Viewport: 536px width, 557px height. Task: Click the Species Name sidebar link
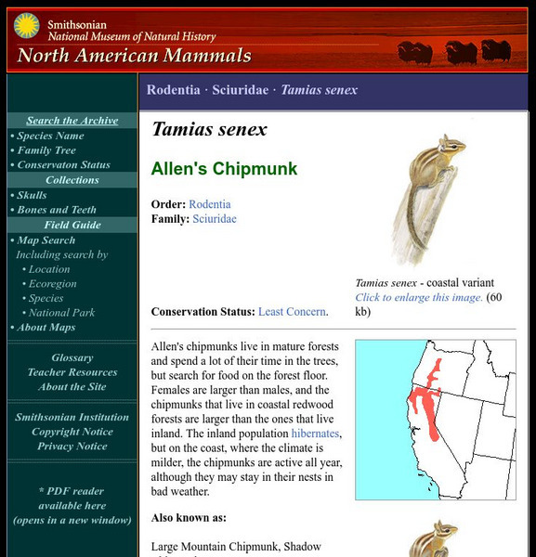pyautogui.click(x=50, y=136)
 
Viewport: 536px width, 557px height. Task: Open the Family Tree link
pyautogui.click(x=46, y=150)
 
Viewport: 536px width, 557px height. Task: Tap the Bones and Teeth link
pyautogui.click(x=56, y=210)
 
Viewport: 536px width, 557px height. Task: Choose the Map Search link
pyautogui.click(x=46, y=240)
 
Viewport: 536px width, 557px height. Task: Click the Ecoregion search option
pyautogui.click(x=52, y=283)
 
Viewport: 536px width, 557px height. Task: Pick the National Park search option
pyautogui.click(x=61, y=313)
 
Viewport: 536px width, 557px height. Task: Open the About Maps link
pyautogui.click(x=46, y=327)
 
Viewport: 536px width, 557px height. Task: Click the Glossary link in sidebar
pyautogui.click(x=72, y=357)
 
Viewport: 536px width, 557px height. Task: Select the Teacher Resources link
pyautogui.click(x=72, y=372)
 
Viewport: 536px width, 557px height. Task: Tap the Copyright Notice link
pyautogui.click(x=72, y=432)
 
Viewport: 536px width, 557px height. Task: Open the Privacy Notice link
pyautogui.click(x=72, y=447)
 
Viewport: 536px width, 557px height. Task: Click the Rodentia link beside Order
pyautogui.click(x=210, y=204)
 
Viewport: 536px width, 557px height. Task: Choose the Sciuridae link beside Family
pyautogui.click(x=215, y=219)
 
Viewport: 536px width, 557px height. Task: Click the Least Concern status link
pyautogui.click(x=292, y=312)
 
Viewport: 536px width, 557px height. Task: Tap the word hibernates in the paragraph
pyautogui.click(x=315, y=434)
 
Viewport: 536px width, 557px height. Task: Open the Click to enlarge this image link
pyautogui.click(x=418, y=298)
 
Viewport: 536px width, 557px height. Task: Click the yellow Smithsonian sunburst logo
pyautogui.click(x=26, y=26)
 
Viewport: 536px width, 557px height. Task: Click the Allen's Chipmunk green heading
pyautogui.click(x=224, y=169)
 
